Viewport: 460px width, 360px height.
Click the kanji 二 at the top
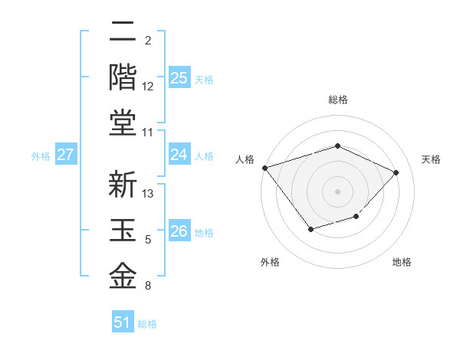coord(123,33)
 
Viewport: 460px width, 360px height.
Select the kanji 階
coord(123,77)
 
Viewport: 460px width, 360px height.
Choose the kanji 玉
coord(123,231)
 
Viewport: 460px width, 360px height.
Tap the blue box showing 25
coord(179,78)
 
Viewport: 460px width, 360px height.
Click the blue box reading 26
coord(179,232)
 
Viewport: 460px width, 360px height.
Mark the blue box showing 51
coord(123,322)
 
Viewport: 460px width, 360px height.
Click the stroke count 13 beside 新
coord(148,194)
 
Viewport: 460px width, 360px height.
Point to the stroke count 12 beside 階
coord(148,87)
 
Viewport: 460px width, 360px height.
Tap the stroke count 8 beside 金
coord(148,286)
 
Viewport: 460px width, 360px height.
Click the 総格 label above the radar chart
coord(337,100)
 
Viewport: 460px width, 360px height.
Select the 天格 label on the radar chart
coord(431,159)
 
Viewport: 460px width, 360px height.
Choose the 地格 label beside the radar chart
coord(402,263)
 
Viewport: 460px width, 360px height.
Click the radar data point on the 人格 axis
coord(264,168)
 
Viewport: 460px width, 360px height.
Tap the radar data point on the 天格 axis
coord(396,172)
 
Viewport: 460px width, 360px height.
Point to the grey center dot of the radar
coord(337,191)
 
